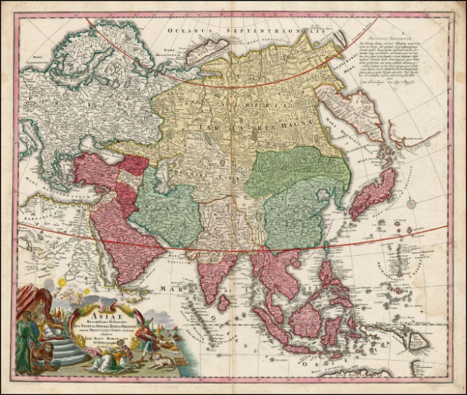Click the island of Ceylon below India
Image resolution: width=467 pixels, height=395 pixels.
point(223,302)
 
